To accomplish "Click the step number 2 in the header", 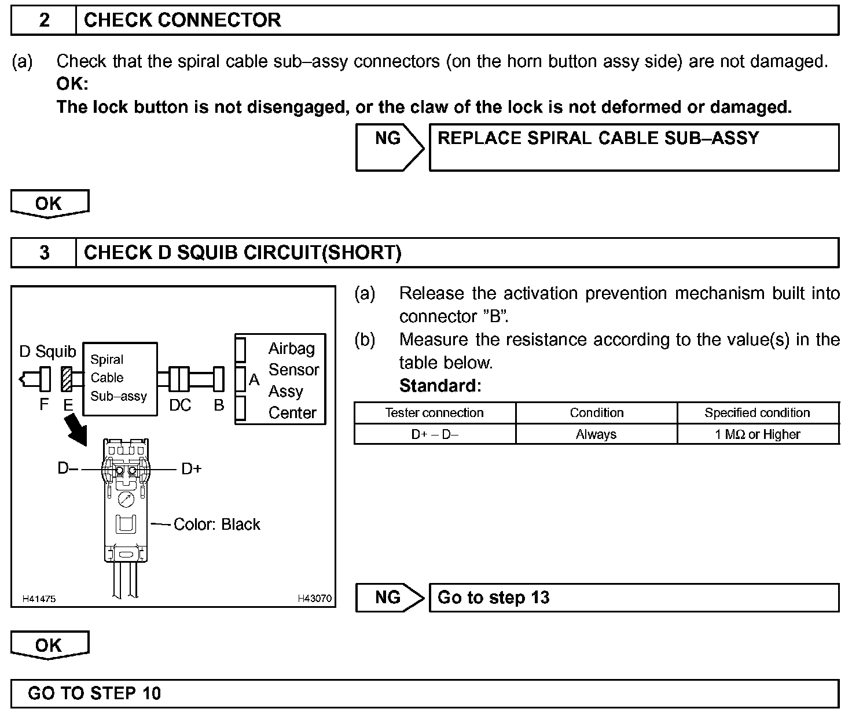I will pyautogui.click(x=44, y=21).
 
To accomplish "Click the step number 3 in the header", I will pyautogui.click(x=44, y=253).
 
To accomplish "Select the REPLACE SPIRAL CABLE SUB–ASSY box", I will pyautogui.click(x=633, y=147).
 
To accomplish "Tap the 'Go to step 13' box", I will pyautogui.click(x=633, y=597).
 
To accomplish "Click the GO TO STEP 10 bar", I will pyautogui.click(x=424, y=693).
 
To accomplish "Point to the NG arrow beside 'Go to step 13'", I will pyautogui.click(x=390, y=597).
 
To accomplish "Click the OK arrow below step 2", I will pyautogui.click(x=50, y=204).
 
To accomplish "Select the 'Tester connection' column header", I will pyautogui.click(x=435, y=413).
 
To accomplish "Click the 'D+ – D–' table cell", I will pyautogui.click(x=435, y=434).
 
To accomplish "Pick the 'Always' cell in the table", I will pyautogui.click(x=596, y=434).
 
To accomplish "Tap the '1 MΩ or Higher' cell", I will pyautogui.click(x=758, y=434).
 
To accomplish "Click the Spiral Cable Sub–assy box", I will pyautogui.click(x=120, y=378).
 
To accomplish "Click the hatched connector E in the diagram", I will pyautogui.click(x=67, y=379).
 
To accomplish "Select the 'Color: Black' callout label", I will pyautogui.click(x=217, y=524).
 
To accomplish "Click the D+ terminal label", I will pyautogui.click(x=192, y=468).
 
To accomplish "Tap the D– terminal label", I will pyautogui.click(x=68, y=468).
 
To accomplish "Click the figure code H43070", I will pyautogui.click(x=315, y=599).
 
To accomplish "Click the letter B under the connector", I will pyautogui.click(x=219, y=405).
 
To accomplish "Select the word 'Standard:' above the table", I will pyautogui.click(x=440, y=386).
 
